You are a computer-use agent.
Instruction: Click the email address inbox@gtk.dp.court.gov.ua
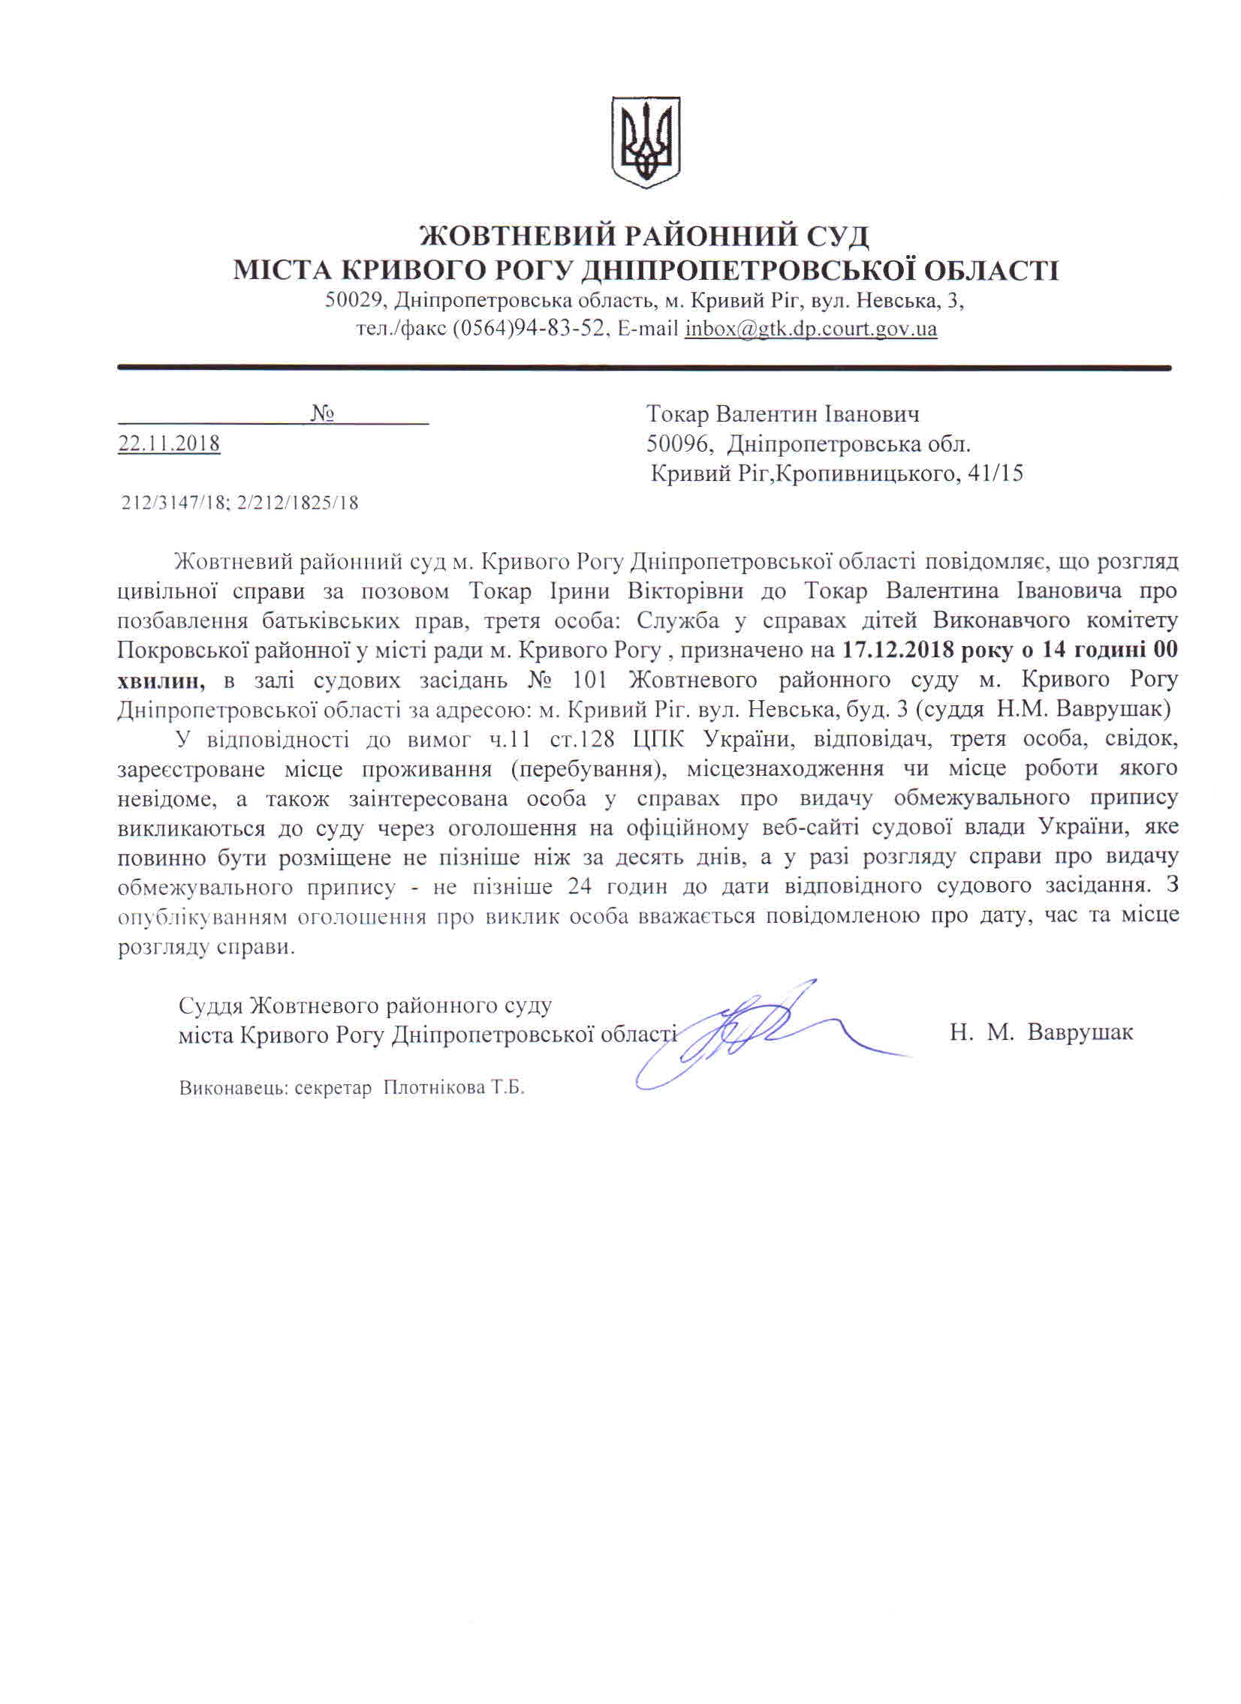click(810, 329)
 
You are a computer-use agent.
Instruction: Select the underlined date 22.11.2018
click(169, 444)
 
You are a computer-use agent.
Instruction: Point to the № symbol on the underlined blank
click(322, 414)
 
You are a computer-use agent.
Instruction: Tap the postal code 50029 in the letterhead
click(356, 301)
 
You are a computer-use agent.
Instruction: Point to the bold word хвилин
click(161, 680)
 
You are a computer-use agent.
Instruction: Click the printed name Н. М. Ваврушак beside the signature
click(1041, 1032)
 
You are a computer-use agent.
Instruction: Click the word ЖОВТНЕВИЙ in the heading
click(516, 237)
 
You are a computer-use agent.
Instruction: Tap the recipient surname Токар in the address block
click(677, 414)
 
